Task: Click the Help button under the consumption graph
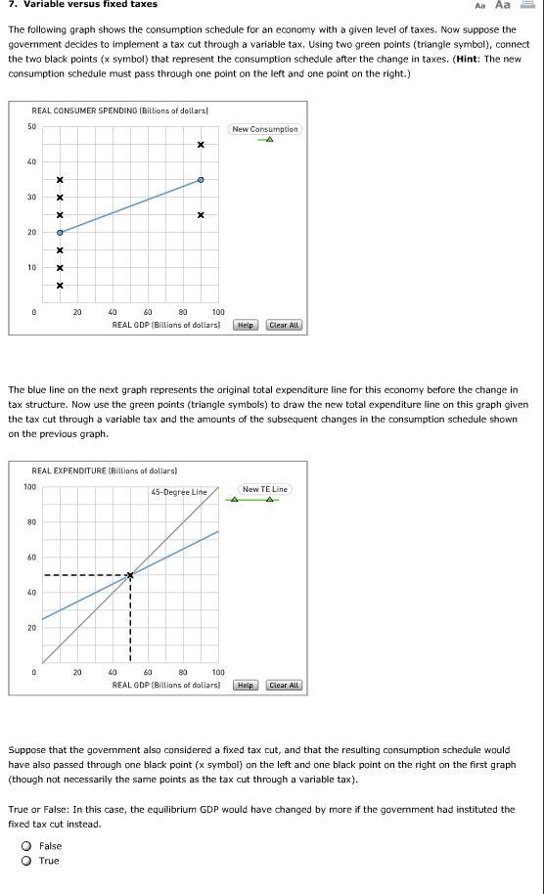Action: (247, 325)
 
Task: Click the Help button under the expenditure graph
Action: (247, 685)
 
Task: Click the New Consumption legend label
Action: (265, 129)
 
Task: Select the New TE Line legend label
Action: (265, 489)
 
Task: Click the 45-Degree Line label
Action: (179, 491)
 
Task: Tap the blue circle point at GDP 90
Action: (201, 180)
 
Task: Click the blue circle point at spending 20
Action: (60, 233)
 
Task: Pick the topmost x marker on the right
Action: (201, 145)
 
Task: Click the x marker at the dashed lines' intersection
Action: (130, 574)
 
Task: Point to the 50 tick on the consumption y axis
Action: (32, 127)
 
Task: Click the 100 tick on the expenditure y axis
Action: (30, 487)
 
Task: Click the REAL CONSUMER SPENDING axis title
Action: (119, 112)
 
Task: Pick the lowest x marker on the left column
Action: (60, 286)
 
